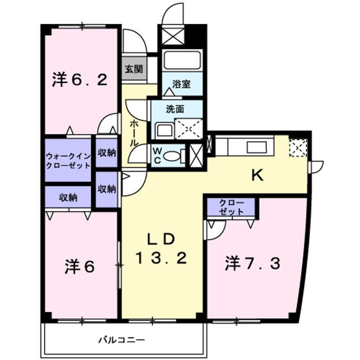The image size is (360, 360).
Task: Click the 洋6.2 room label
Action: [x=79, y=80]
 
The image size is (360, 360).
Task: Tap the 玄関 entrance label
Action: [x=132, y=69]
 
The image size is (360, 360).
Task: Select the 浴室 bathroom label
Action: [x=181, y=84]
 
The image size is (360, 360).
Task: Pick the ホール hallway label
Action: [x=134, y=132]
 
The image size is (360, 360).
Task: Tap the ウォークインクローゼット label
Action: [x=68, y=160]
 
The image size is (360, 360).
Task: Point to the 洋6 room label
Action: [x=79, y=267]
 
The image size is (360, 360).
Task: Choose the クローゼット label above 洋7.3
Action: [x=231, y=207]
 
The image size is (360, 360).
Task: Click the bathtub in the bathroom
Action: [x=182, y=61]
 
